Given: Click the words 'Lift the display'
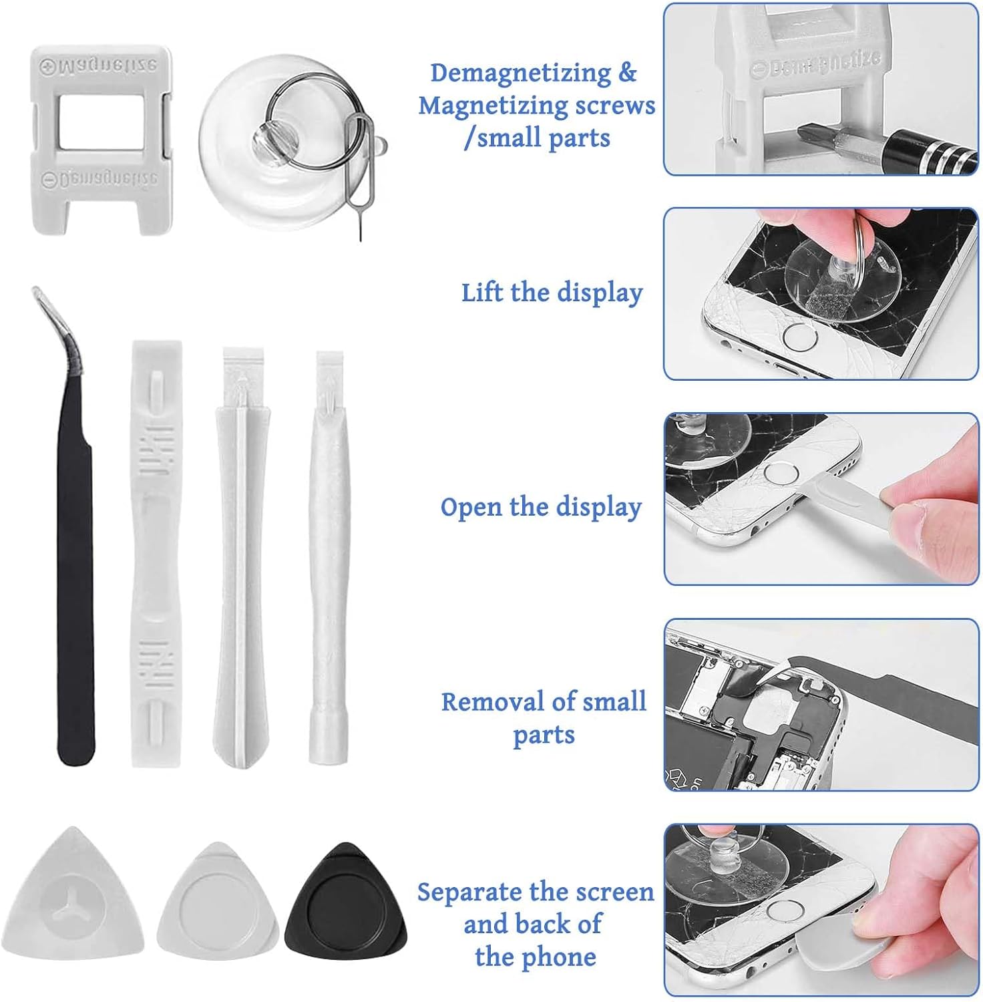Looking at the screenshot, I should (552, 293).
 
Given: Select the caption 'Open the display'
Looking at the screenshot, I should (540, 507).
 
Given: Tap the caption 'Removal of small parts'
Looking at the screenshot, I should (544, 717).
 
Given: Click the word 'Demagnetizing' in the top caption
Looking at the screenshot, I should (520, 73).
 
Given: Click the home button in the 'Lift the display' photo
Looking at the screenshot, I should (799, 337).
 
